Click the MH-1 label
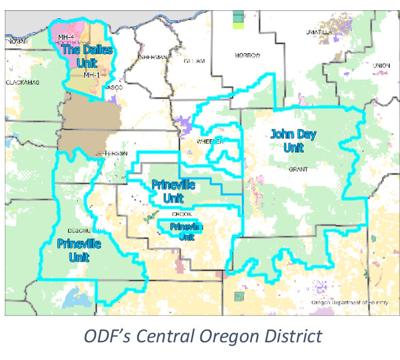91,73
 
